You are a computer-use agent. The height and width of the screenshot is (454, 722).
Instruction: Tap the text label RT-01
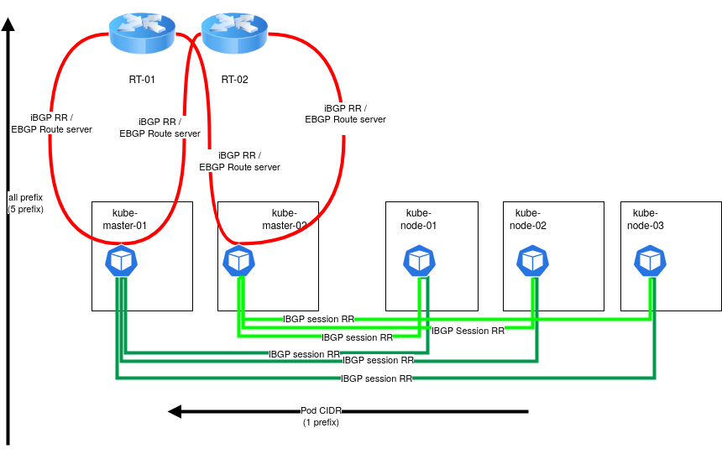click(x=142, y=80)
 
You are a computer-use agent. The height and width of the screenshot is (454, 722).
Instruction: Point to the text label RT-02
click(x=234, y=80)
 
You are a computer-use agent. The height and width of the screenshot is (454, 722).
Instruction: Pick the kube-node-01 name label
click(x=418, y=220)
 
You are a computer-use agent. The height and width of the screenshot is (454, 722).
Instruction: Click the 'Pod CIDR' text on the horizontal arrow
click(x=321, y=411)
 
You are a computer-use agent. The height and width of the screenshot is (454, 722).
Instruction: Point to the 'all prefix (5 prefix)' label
click(x=25, y=203)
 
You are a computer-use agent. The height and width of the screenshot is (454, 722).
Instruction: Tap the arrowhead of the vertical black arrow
click(x=8, y=25)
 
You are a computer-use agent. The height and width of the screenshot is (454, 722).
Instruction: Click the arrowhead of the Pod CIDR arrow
click(x=175, y=411)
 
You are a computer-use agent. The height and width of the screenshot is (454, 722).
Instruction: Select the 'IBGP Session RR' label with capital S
click(x=468, y=331)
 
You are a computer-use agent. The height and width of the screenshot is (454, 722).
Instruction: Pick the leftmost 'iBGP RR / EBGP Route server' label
click(x=51, y=123)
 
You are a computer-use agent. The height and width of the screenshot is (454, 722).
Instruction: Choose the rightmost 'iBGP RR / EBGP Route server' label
click(x=345, y=114)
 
